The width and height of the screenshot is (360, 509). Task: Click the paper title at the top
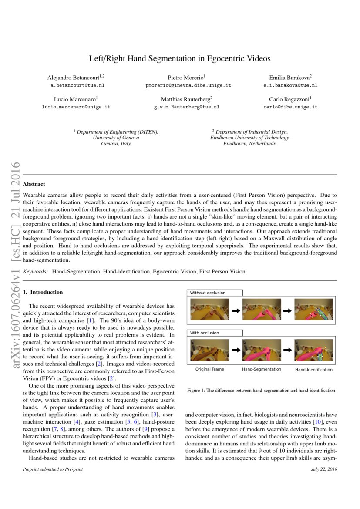coord(180,58)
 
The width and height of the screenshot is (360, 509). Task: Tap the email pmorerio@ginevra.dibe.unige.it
coord(188,85)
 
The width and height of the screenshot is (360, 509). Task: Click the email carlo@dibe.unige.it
coord(290,107)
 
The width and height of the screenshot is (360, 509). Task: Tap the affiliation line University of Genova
coord(116,138)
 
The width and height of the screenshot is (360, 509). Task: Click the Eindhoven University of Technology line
coord(250,138)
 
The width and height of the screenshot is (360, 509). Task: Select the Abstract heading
coord(34,184)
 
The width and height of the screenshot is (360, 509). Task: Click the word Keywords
coord(35,271)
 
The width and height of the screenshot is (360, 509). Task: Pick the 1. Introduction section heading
coord(43,292)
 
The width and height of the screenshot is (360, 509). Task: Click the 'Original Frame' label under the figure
coord(209,369)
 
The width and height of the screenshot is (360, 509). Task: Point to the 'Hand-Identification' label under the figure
coord(313,370)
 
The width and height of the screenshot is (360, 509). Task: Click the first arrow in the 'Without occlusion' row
coord(236,311)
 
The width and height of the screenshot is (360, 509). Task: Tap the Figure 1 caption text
coord(261,391)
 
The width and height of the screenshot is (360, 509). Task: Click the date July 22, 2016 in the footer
coord(324,469)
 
